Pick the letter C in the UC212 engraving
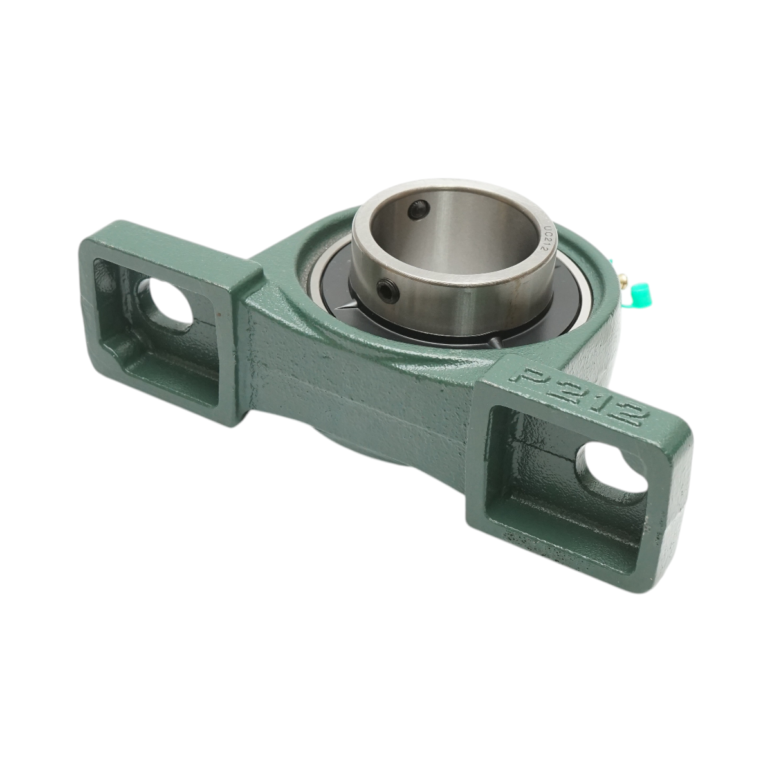coord(544,234)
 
